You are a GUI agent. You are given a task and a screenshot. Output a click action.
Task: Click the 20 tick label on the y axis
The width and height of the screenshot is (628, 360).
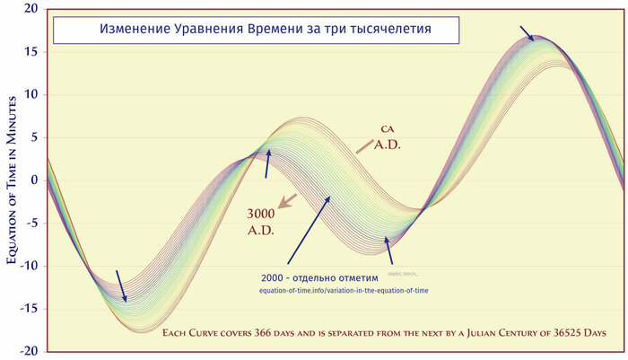[31, 10]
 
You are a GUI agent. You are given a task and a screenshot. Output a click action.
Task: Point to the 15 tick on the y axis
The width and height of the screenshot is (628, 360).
[31, 52]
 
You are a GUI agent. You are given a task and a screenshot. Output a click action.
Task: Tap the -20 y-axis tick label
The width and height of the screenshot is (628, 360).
[30, 351]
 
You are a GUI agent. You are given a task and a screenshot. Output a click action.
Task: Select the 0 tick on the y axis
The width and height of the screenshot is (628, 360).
[35, 180]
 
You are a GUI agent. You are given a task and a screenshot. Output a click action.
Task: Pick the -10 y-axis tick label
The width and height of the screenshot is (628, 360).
[30, 266]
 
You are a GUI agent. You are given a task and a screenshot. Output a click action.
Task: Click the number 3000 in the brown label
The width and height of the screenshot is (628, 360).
[261, 215]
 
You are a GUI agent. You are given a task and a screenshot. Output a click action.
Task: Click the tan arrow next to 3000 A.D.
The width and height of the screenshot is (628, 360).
[287, 201]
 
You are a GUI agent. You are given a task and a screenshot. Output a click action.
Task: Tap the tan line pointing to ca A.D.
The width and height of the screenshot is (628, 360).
[363, 145]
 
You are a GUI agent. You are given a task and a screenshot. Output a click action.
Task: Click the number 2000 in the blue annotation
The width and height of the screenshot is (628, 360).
[276, 277]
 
